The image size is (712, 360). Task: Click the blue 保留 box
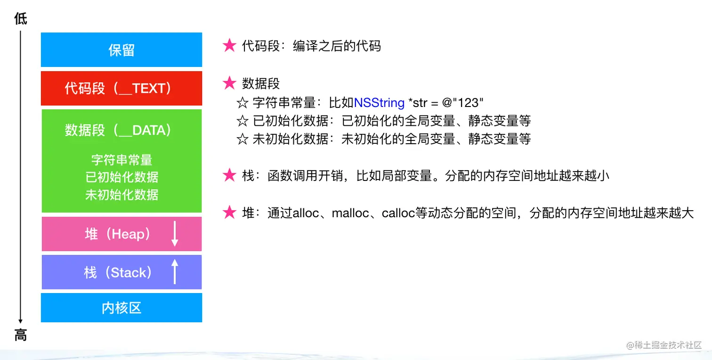coord(121,50)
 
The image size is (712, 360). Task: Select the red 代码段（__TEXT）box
coord(121,89)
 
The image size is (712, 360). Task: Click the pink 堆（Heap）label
coord(118,234)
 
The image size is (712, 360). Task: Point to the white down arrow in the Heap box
coord(175,234)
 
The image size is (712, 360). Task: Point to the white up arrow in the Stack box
coord(175,272)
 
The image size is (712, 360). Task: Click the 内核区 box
coord(121,308)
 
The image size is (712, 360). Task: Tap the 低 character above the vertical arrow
coord(20,19)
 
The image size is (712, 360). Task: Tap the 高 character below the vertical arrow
coord(20,335)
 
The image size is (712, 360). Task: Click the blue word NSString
coord(379,102)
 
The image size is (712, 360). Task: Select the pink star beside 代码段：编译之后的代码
coord(229,46)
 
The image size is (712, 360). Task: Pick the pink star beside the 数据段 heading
coord(229,83)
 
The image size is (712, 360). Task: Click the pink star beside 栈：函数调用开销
coord(229,176)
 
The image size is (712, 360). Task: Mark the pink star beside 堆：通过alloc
coord(229,213)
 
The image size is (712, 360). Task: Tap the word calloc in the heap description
coord(398,213)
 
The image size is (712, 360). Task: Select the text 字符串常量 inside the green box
coord(121,160)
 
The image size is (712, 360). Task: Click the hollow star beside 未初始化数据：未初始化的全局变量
coord(242,139)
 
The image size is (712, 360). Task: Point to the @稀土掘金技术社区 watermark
coord(664,345)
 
